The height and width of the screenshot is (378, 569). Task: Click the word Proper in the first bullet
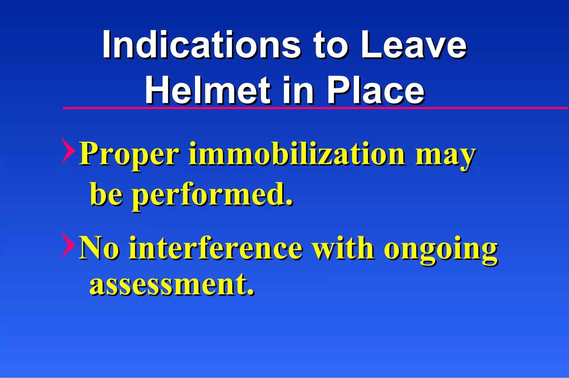click(x=129, y=155)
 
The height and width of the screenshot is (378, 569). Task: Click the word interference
click(x=215, y=248)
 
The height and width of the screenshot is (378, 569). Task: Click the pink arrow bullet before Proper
click(x=68, y=150)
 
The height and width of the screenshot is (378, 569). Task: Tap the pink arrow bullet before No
click(x=68, y=245)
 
